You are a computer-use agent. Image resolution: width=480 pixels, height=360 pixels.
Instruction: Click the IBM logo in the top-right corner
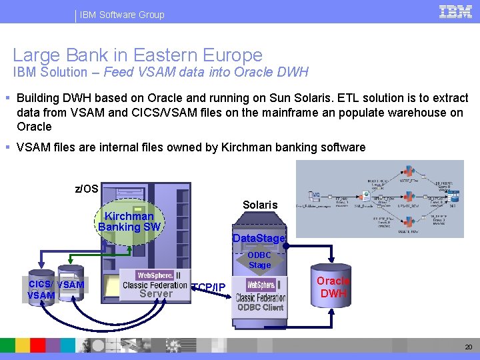point(455,12)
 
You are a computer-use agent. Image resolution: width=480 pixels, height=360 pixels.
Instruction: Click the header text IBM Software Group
point(122,15)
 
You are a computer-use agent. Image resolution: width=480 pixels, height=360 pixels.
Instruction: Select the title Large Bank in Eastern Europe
point(137,55)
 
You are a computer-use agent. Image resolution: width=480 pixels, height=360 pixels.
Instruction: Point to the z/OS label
point(86,189)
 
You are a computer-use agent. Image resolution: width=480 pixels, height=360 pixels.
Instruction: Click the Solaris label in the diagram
point(260,205)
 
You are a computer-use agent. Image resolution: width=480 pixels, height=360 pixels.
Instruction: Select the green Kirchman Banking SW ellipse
point(129,222)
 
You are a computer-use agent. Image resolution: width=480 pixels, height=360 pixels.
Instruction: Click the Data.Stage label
point(259,239)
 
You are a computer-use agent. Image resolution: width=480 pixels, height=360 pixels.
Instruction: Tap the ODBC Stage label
point(259,260)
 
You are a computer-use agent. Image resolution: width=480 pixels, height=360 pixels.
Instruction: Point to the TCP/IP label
point(208,287)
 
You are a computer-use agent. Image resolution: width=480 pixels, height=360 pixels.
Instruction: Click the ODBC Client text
point(260,307)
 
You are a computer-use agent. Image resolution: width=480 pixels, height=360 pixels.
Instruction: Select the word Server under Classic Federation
point(156,293)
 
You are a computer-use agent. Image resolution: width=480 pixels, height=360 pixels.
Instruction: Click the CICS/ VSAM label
point(57,285)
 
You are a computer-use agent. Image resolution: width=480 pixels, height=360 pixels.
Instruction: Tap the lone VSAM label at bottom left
point(41,295)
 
